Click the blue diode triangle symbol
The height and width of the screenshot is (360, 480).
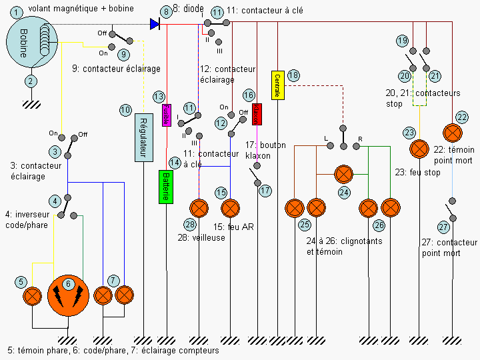pyautogui.click(x=155, y=24)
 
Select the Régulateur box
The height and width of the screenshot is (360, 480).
pyautogui.click(x=144, y=137)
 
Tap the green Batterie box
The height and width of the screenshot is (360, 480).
pyautogui.click(x=166, y=186)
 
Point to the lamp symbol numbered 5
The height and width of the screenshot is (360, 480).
pyautogui.click(x=33, y=295)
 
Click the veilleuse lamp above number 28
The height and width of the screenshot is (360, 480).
pyautogui.click(x=200, y=208)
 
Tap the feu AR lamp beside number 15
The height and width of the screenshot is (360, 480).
pyautogui.click(x=230, y=208)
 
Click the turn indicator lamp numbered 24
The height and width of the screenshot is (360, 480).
pyautogui.click(x=343, y=175)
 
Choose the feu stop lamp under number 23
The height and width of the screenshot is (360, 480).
pyautogui.click(x=419, y=148)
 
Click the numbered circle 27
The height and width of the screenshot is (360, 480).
pyautogui.click(x=444, y=227)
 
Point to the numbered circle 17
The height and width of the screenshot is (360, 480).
pyautogui.click(x=265, y=191)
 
